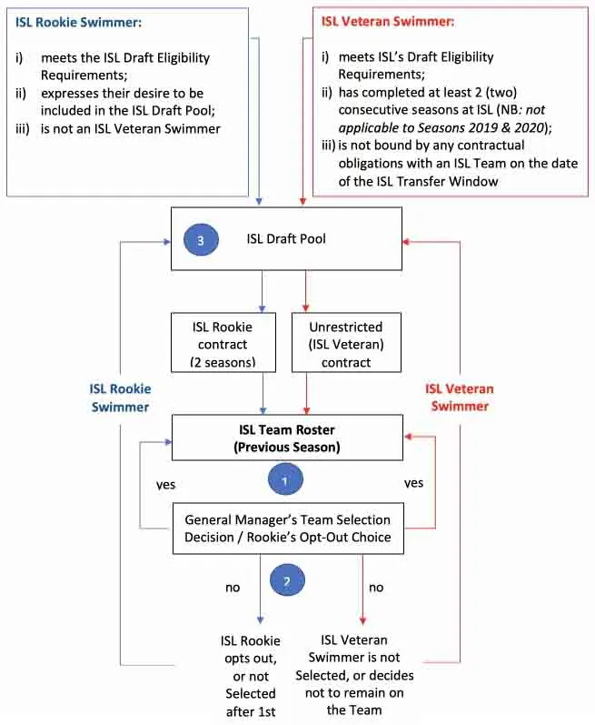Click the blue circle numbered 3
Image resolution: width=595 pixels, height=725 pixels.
pyautogui.click(x=200, y=240)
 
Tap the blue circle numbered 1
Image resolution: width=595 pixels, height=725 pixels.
pyautogui.click(x=284, y=478)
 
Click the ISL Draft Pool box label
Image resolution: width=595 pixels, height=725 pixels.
pyautogui.click(x=286, y=239)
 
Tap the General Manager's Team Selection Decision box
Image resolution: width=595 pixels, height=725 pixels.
pyautogui.click(x=287, y=529)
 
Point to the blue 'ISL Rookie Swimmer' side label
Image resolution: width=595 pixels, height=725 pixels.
pyautogui.click(x=120, y=398)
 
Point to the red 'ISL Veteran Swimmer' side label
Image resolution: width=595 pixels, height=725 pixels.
pyautogui.click(x=460, y=398)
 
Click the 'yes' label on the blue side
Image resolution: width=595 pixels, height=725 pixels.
pyautogui.click(x=165, y=484)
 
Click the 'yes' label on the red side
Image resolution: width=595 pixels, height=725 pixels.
pyautogui.click(x=413, y=483)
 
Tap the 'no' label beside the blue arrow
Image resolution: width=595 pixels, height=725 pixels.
pyautogui.click(x=233, y=587)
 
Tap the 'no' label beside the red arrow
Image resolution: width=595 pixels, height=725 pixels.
pyautogui.click(x=376, y=587)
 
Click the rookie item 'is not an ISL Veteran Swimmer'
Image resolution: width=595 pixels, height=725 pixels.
pyautogui.click(x=129, y=128)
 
